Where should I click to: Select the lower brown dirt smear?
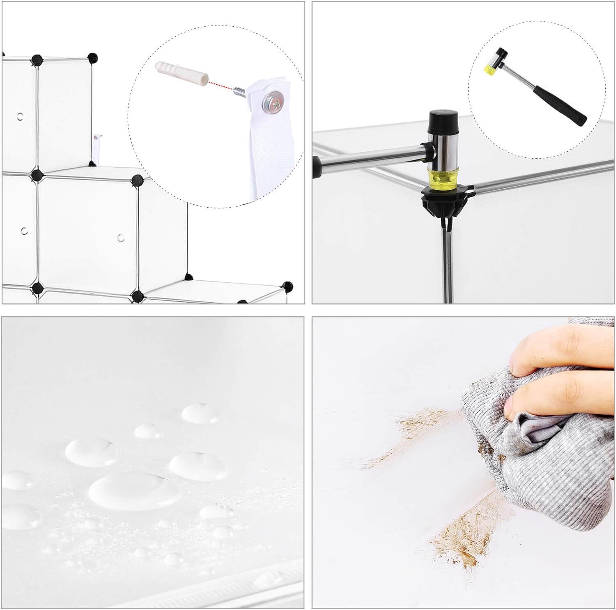tap(464, 534)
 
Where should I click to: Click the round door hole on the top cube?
tap(19, 116)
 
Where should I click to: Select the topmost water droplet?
tap(200, 413)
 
